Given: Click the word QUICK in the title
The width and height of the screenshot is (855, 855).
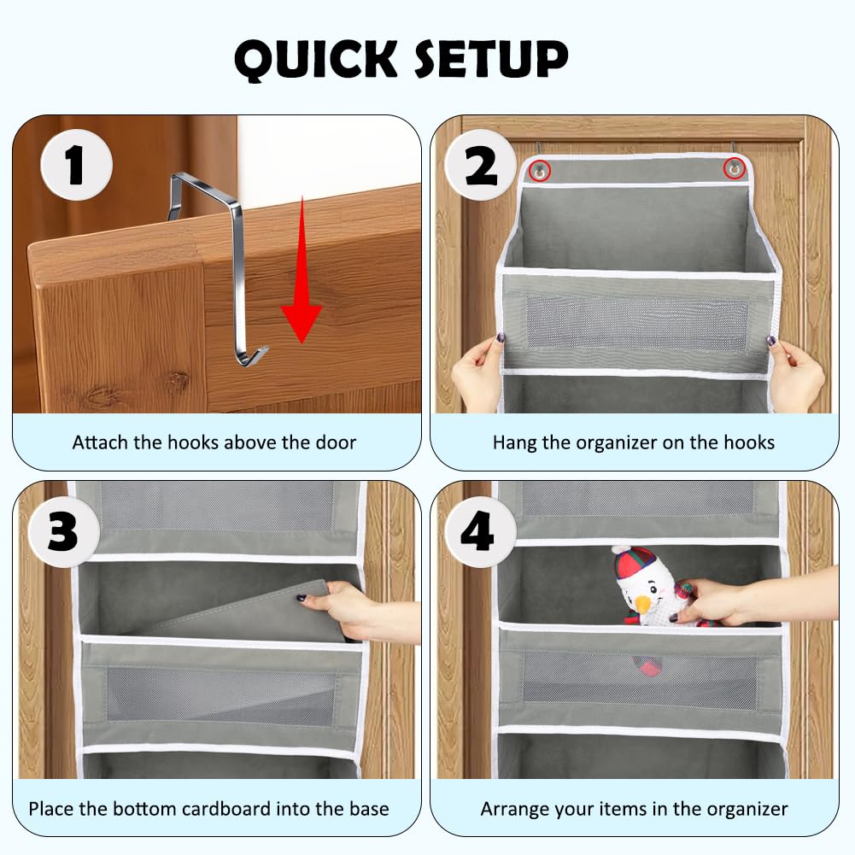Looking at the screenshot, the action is pyautogui.click(x=316, y=60).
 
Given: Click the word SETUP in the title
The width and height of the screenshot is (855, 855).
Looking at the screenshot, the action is pyautogui.click(x=491, y=58).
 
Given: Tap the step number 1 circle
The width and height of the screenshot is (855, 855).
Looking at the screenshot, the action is pyautogui.click(x=76, y=165).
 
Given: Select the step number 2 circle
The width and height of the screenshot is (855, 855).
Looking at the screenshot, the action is pyautogui.click(x=480, y=165).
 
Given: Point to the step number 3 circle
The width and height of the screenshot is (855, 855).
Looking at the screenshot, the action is pyautogui.click(x=64, y=531).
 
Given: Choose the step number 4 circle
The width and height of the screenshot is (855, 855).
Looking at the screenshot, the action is pyautogui.click(x=480, y=531).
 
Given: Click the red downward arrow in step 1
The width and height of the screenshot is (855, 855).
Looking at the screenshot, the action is pyautogui.click(x=301, y=269).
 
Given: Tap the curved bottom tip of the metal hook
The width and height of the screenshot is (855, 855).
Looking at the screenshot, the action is pyautogui.click(x=256, y=355).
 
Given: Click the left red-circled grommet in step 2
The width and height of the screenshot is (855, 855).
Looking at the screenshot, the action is pyautogui.click(x=540, y=171).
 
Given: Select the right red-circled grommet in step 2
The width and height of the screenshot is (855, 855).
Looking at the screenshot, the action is pyautogui.click(x=734, y=169).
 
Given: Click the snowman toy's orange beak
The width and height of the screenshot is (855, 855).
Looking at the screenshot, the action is pyautogui.click(x=644, y=603).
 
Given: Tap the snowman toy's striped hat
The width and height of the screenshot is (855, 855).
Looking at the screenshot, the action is pyautogui.click(x=634, y=564).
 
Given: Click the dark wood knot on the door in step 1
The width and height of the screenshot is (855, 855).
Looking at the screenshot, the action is pyautogui.click(x=177, y=380).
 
